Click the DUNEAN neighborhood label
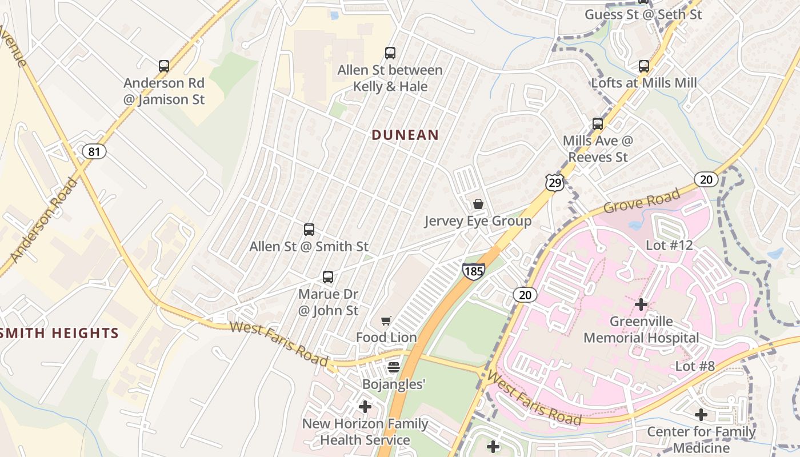[405, 135]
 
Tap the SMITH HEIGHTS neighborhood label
[59, 333]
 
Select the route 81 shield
[94, 151]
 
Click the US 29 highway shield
[554, 182]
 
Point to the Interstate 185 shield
[474, 271]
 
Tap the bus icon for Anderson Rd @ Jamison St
[164, 66]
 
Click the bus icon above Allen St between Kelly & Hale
[390, 53]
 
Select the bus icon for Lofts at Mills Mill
[644, 66]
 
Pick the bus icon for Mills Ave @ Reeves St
[598, 123]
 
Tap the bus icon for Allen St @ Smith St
[309, 230]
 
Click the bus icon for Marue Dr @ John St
[328, 277]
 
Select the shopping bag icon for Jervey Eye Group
[478, 204]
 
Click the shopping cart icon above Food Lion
[386, 320]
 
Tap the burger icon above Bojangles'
[394, 367]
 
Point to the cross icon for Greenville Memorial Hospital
[641, 304]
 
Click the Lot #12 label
[669, 245]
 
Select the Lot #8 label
[695, 366]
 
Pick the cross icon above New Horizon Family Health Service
[365, 407]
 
